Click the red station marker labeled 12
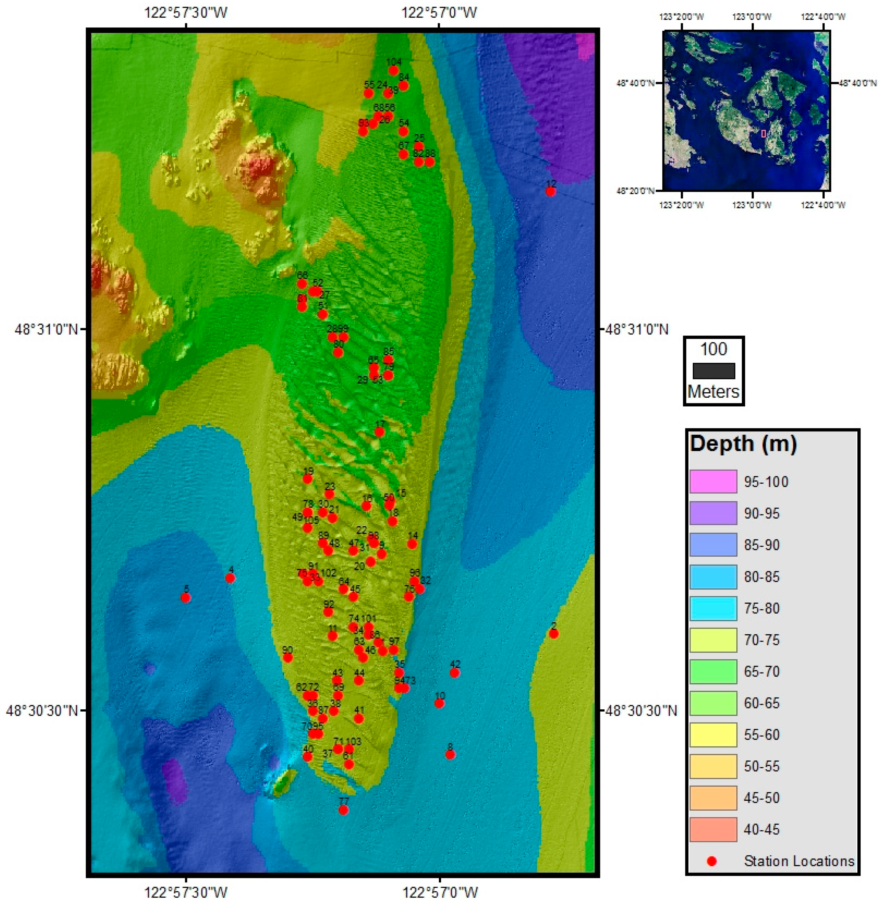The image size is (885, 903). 550,191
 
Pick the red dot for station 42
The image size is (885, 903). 454,673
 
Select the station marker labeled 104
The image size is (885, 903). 393,71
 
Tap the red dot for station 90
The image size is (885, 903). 288,658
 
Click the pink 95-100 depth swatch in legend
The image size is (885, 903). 713,482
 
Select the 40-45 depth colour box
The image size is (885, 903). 713,829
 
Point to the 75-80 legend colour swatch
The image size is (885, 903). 713,608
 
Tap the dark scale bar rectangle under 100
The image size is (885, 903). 713,371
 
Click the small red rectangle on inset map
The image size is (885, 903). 763,133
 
